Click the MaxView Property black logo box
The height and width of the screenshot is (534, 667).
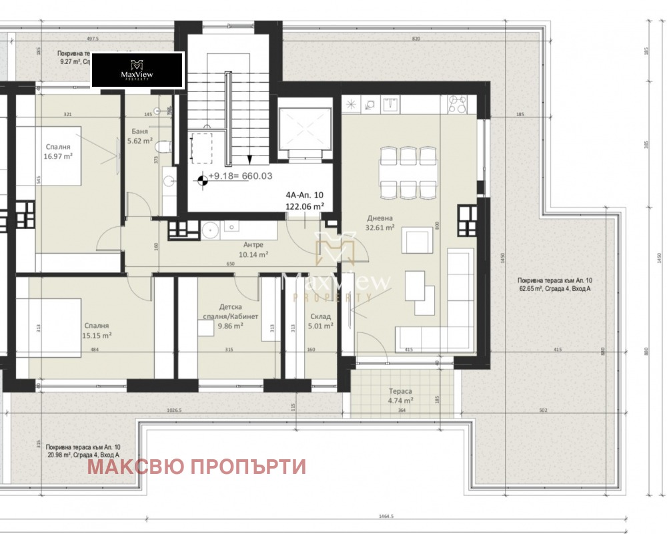tap(137, 70)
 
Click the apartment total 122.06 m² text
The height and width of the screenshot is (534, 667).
tap(305, 207)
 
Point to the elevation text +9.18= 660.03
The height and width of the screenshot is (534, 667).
tap(240, 177)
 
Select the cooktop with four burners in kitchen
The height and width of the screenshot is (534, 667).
tap(457, 104)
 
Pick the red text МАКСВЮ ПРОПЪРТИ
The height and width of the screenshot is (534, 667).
tap(197, 467)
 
